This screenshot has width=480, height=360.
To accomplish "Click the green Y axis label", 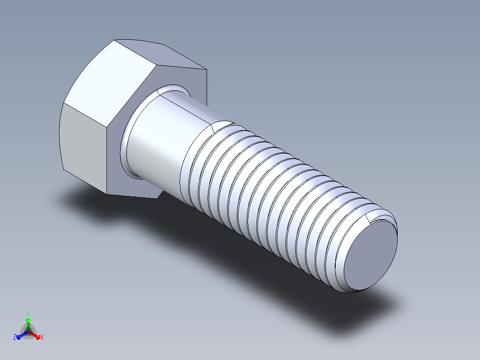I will [28, 313].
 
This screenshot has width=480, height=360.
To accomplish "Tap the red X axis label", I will [42, 338].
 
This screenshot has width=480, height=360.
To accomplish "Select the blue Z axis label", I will [15, 338].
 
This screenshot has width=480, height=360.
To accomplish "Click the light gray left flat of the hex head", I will [82, 143].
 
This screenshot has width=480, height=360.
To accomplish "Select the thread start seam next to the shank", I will [213, 129].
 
